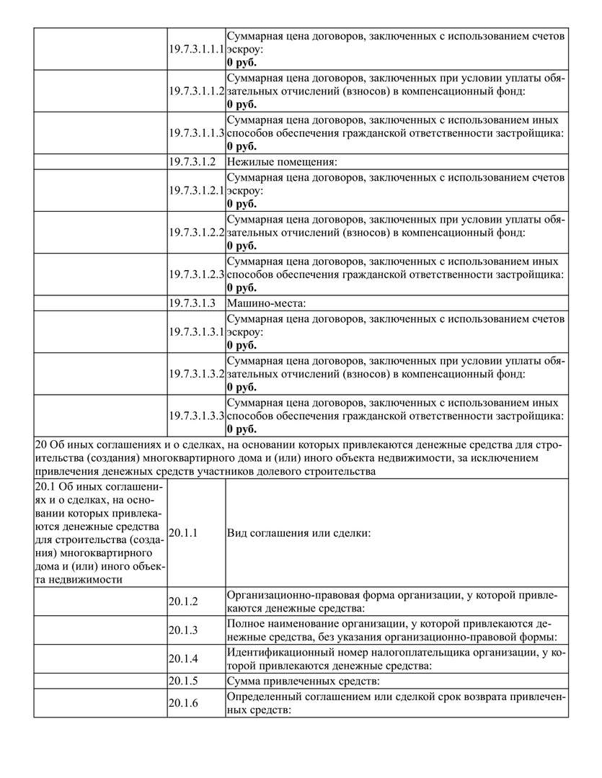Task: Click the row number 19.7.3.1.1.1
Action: pos(197,49)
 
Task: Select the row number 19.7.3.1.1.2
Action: pos(197,91)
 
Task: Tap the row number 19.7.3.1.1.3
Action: pos(197,133)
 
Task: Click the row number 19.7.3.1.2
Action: pos(192,161)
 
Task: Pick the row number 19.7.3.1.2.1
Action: pos(197,190)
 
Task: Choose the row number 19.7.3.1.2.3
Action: pos(197,274)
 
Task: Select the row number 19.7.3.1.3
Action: pos(192,303)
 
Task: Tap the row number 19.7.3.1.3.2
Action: pos(197,374)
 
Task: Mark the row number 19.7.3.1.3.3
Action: pos(197,416)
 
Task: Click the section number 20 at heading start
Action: pos(40,445)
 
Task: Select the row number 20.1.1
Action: pos(183,533)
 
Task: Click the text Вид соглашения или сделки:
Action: pos(298,533)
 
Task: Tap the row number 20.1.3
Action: pos(183,630)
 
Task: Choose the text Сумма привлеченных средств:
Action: pos(303,680)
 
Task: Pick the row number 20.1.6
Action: pos(183,703)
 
